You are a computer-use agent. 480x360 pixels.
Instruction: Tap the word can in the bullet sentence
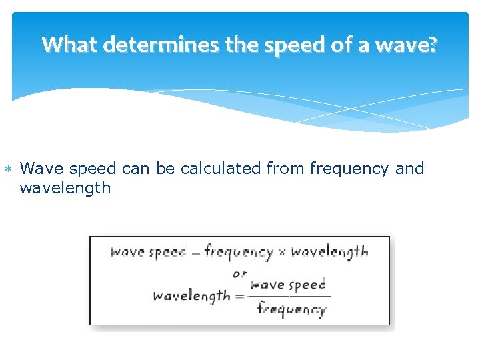[x=136, y=169]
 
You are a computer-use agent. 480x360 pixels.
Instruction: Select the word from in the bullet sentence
[x=284, y=169]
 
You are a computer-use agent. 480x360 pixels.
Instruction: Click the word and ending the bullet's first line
[x=409, y=169]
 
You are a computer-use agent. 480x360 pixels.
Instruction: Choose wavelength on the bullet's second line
[x=65, y=188]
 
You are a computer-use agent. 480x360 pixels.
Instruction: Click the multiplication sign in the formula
[x=281, y=252]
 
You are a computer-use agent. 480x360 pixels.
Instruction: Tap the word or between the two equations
[x=240, y=273]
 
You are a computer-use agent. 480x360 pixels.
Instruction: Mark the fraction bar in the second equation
[x=291, y=296]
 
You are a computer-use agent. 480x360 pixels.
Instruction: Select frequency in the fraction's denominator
[x=291, y=309]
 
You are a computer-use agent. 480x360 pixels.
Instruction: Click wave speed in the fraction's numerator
[x=288, y=285]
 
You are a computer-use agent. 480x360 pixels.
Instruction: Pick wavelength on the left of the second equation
[x=191, y=295]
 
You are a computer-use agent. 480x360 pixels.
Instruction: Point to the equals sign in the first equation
[x=195, y=252]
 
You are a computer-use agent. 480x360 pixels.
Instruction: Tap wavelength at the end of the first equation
[x=329, y=252]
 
